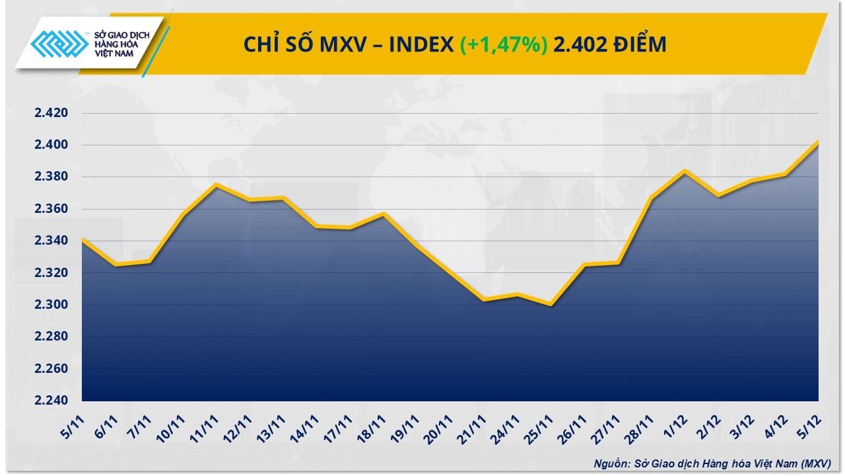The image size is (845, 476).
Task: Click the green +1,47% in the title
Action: [x=503, y=44]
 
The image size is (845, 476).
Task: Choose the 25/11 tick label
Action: [x=541, y=424]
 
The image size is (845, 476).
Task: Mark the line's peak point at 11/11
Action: [x=217, y=184]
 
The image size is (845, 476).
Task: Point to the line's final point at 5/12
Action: [x=819, y=141]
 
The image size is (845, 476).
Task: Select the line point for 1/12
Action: [x=685, y=171]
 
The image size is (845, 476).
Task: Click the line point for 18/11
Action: [x=384, y=213]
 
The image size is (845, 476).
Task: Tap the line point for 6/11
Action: [x=116, y=265]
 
